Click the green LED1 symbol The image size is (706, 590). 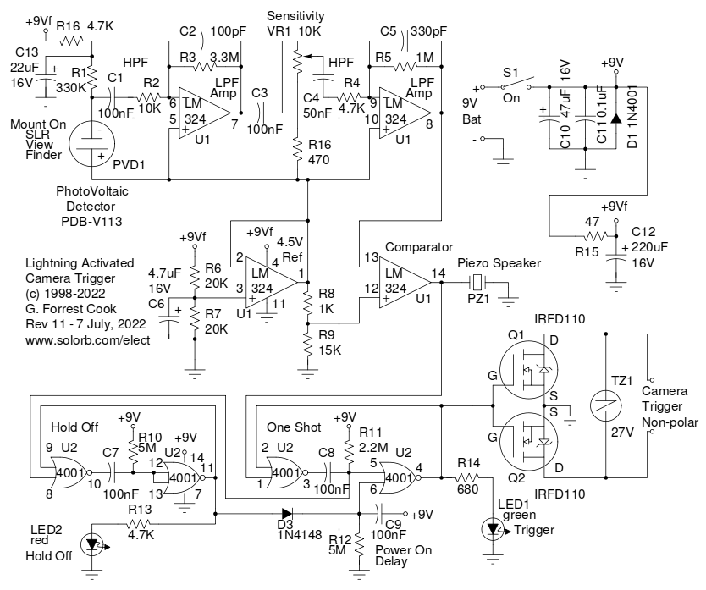(494, 528)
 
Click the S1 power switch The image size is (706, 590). (516, 85)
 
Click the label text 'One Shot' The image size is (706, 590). (290, 427)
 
